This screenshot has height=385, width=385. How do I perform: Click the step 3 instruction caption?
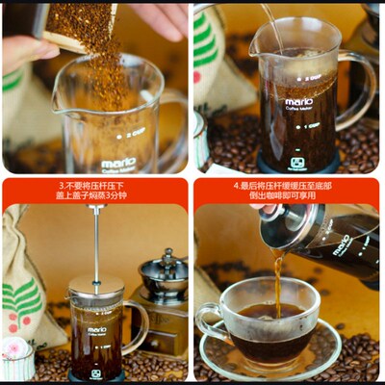pyautogui.click(x=94, y=191)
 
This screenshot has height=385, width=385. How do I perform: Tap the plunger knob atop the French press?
pyautogui.click(x=95, y=208)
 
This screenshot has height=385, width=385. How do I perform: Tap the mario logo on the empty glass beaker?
pyautogui.click(x=117, y=162)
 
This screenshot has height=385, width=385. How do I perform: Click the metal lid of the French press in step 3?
pyautogui.click(x=95, y=286)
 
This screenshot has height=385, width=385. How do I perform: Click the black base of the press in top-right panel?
pyautogui.click(x=298, y=162)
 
